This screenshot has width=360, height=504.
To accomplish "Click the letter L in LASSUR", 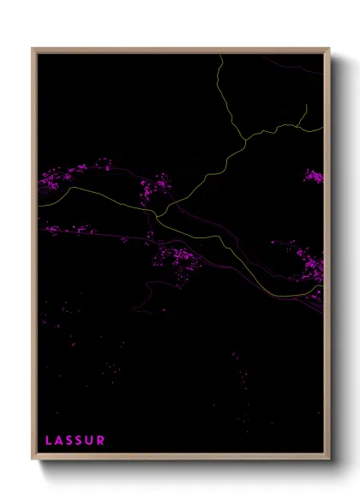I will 48,441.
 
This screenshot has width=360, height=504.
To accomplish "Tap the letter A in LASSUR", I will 60,441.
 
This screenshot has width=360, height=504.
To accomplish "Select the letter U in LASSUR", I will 89,441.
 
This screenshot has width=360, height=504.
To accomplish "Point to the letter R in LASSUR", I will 101,441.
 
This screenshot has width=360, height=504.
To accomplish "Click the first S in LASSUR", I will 69,441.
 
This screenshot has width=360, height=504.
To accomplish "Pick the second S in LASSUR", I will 79,441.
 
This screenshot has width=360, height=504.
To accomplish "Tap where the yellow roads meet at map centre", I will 159,213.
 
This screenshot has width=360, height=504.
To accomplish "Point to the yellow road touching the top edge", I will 220,57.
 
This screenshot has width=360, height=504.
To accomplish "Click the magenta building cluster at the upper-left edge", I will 60,179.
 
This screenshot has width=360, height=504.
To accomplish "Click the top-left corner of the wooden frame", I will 33,49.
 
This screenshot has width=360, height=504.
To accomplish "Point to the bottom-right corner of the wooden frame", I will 329,459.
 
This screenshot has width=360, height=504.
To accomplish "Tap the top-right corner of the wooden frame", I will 329,49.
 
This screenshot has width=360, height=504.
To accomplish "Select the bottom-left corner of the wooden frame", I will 33,459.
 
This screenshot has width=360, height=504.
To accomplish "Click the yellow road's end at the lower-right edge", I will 322,292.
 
